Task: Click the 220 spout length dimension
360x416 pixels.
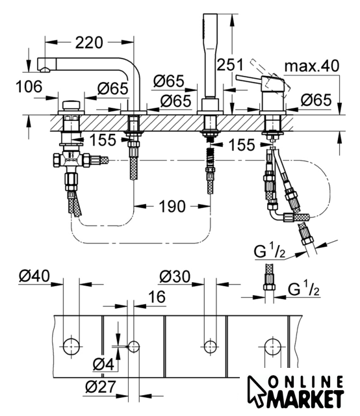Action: (x=89, y=43)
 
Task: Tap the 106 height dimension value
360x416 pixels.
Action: (x=29, y=86)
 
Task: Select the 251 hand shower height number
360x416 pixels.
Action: (x=230, y=65)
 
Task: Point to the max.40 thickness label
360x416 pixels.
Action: (x=312, y=66)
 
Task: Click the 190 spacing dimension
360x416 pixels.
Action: (x=172, y=207)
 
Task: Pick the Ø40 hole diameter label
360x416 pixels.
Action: (x=34, y=276)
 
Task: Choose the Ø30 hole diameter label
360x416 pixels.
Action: (x=175, y=276)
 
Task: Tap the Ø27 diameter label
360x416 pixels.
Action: (x=101, y=387)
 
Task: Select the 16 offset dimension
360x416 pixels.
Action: (x=157, y=296)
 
